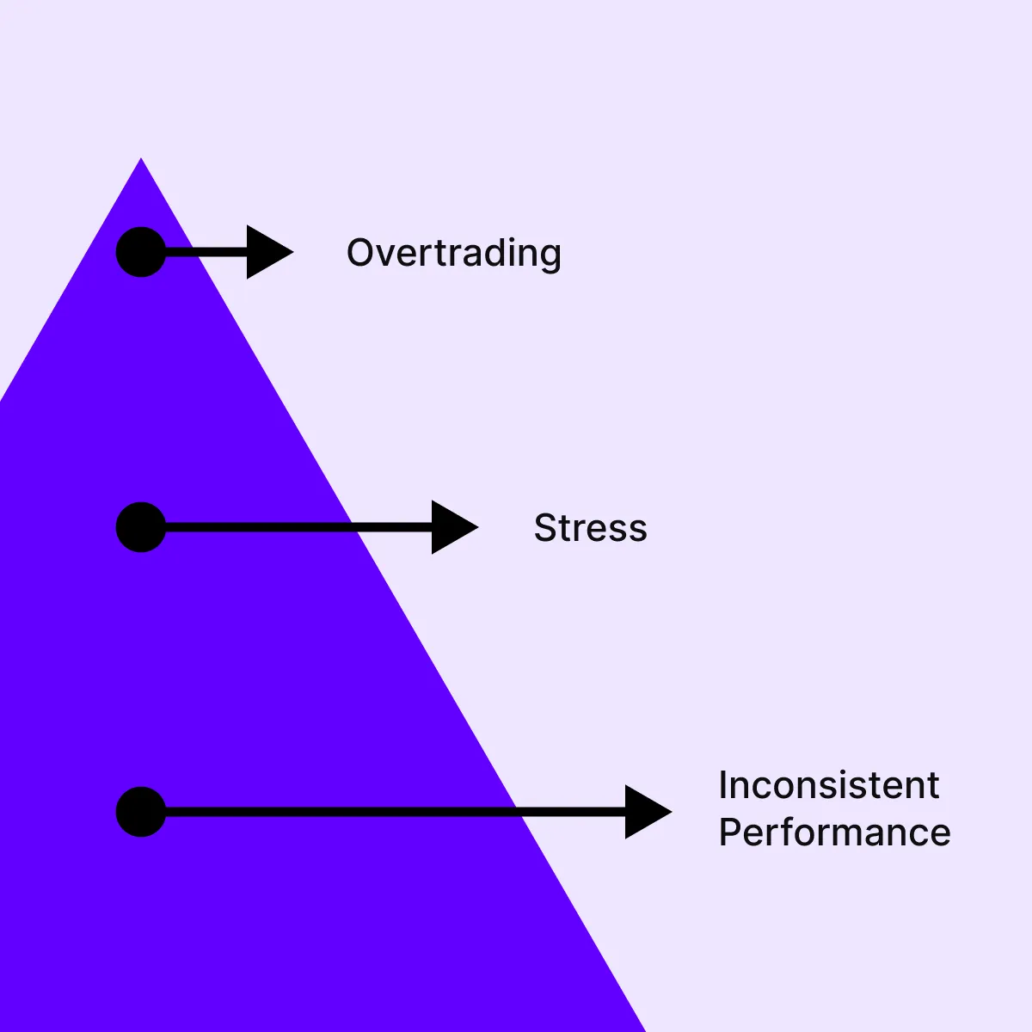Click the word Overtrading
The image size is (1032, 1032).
tap(453, 253)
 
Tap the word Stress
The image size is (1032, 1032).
tap(590, 528)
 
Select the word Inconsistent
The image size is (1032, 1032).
tap(828, 785)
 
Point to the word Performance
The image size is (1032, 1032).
tap(834, 832)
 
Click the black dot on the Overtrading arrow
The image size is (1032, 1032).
tap(141, 252)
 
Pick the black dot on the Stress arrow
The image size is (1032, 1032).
tap(141, 527)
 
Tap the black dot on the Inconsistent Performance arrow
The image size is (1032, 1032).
tap(141, 812)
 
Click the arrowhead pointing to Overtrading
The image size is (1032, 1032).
tap(267, 252)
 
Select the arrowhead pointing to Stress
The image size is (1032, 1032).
tap(452, 527)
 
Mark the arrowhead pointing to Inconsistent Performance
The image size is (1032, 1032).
tap(646, 812)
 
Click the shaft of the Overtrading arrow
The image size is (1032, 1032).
tap(206, 252)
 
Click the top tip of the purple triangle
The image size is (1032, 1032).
tap(141, 161)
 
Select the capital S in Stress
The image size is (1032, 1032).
tap(545, 528)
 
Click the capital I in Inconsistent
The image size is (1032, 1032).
tap(723, 785)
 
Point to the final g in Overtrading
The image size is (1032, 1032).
tap(550, 256)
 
